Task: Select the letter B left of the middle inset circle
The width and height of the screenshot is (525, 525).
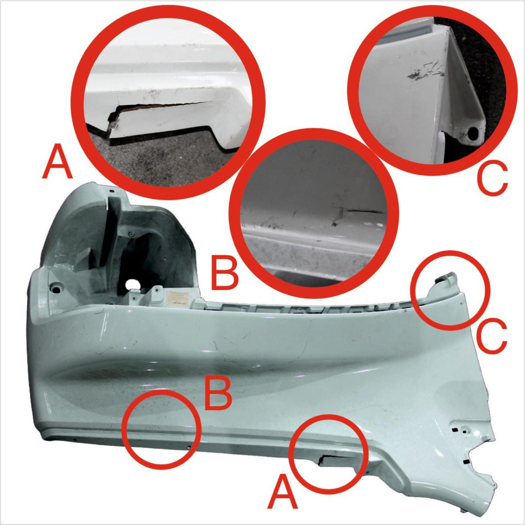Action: click(x=225, y=273)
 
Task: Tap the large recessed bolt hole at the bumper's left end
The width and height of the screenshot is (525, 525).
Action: click(x=57, y=290)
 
